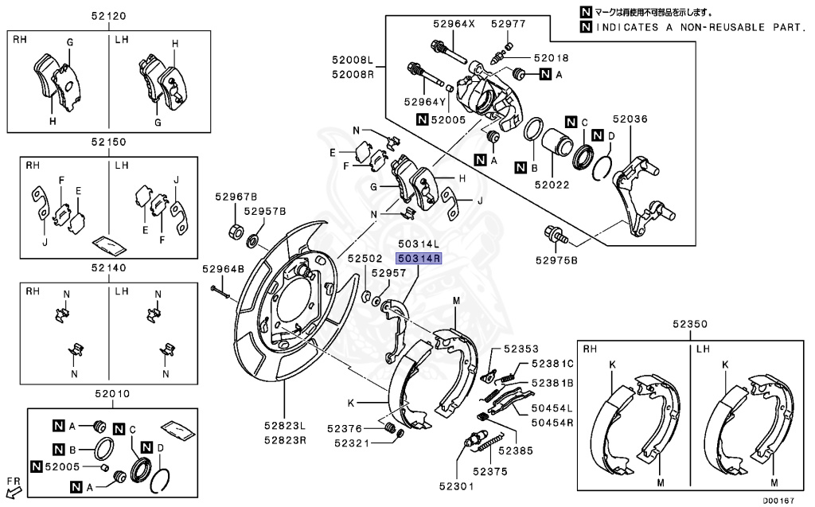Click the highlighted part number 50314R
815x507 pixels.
pyautogui.click(x=419, y=259)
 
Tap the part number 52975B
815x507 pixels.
pyautogui.click(x=556, y=259)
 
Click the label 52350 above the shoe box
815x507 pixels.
pyautogui.click(x=688, y=325)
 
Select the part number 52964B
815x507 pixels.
pyautogui.click(x=222, y=269)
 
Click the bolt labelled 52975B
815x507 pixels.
pyautogui.click(x=552, y=235)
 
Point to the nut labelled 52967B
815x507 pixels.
pyautogui.click(x=235, y=232)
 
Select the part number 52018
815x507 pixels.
pyautogui.click(x=552, y=58)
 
